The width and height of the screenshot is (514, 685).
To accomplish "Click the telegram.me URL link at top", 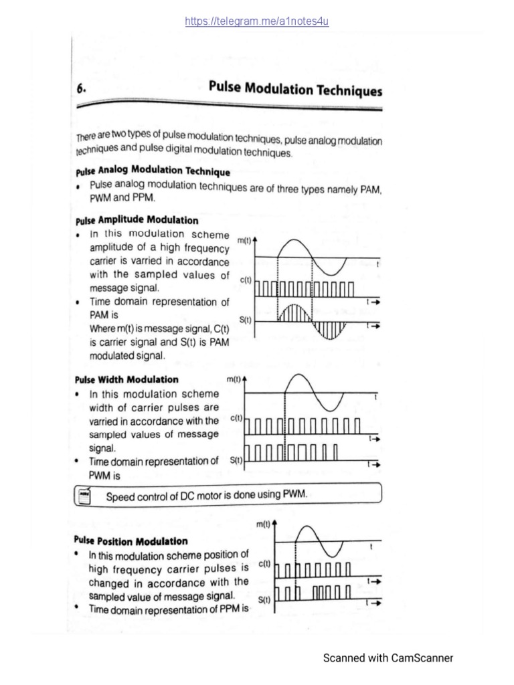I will pos(257,21).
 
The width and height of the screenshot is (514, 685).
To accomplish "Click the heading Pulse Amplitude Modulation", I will pos(137,219).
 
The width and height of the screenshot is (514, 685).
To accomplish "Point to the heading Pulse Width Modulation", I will pos(126,379).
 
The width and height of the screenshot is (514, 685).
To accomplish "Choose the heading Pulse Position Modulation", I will pos(131,541).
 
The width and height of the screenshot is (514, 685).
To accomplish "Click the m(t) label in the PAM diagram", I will pos(246,240).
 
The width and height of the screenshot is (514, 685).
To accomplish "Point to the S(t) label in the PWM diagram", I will pos(236,460).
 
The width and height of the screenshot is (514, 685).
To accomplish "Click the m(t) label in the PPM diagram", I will pos(264,526).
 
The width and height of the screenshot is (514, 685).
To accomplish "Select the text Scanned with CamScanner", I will pos(388,658).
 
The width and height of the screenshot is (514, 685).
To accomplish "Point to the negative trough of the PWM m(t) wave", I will pos(331,409).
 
